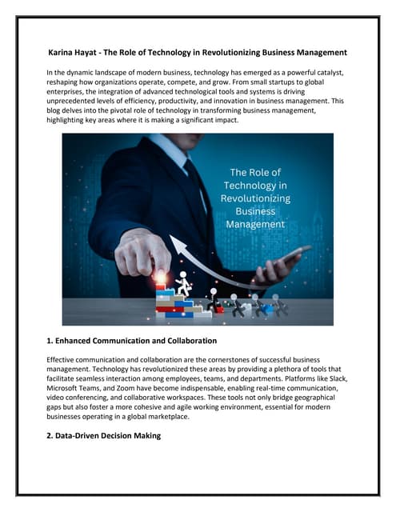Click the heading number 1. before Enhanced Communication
click(52, 342)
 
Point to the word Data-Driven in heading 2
click(84, 435)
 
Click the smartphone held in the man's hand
click(292, 256)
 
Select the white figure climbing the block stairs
click(184, 283)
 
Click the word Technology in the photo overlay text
click(254, 186)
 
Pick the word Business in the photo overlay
click(254, 212)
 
